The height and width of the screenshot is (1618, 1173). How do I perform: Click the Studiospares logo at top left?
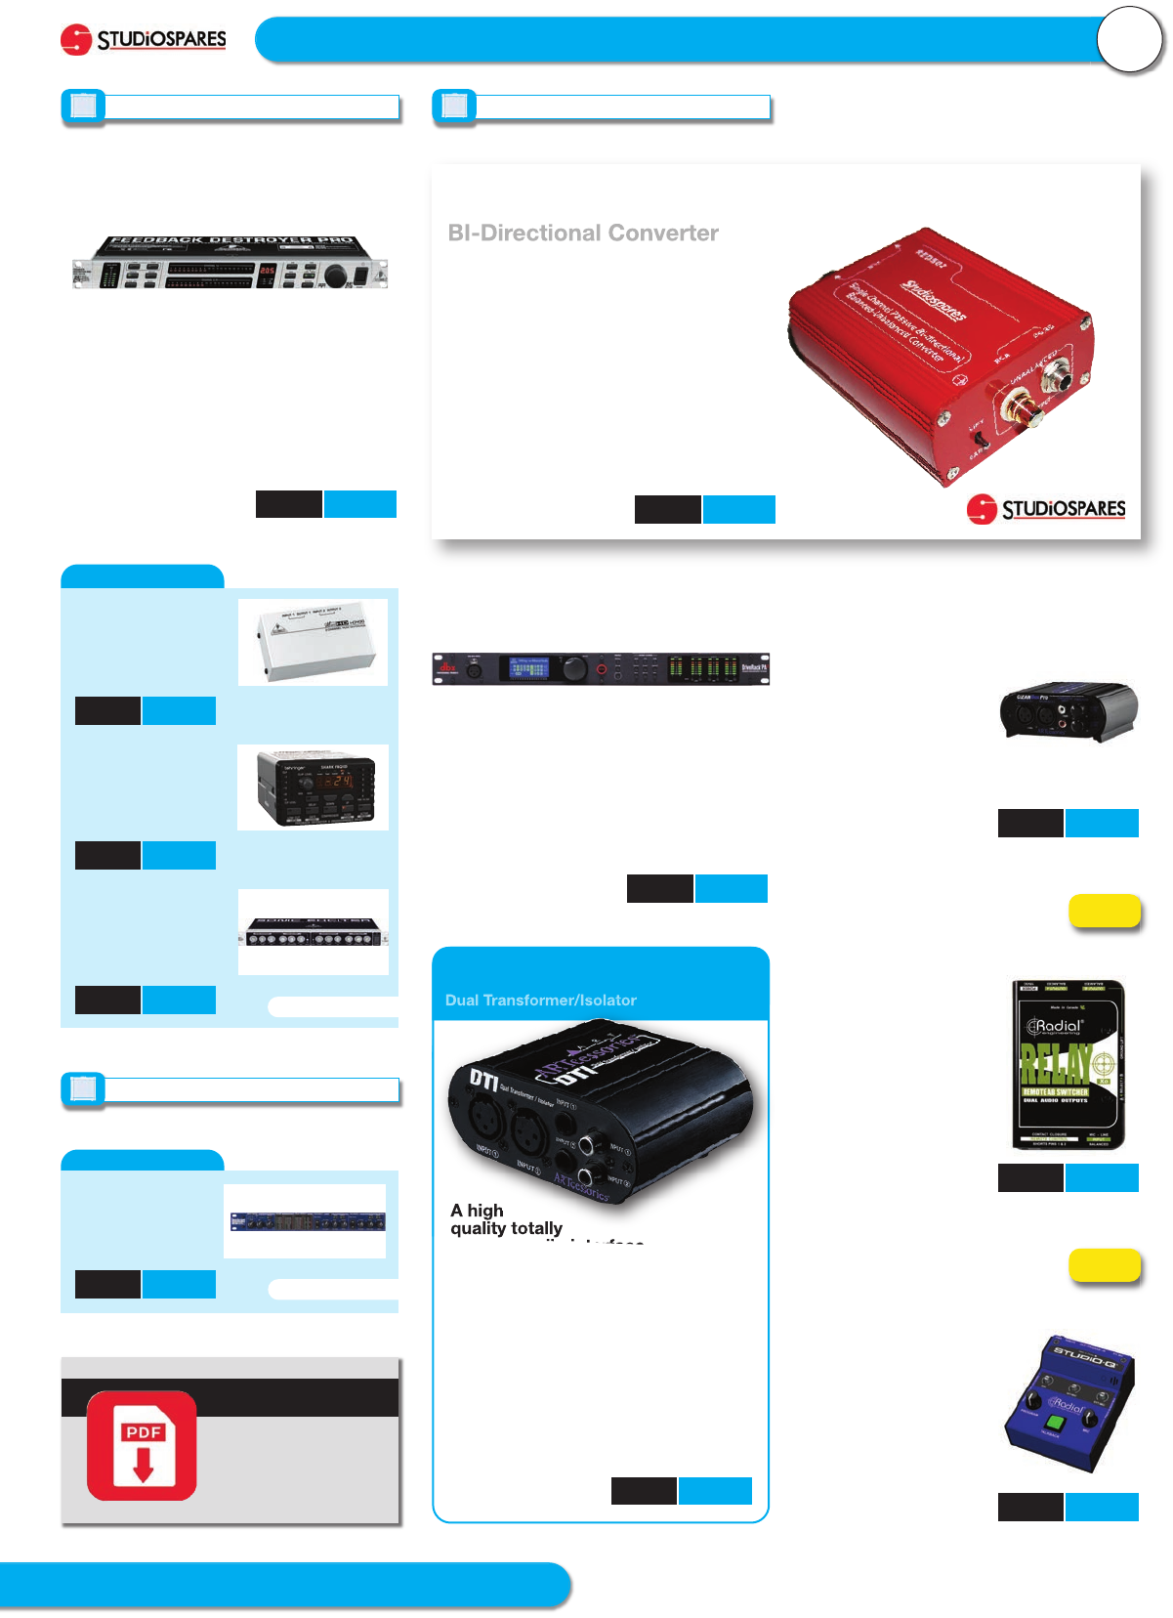[144, 40]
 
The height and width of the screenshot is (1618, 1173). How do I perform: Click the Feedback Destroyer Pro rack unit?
[230, 263]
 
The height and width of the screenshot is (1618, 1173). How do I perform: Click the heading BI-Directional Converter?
[583, 234]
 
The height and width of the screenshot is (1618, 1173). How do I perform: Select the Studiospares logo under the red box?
[1046, 508]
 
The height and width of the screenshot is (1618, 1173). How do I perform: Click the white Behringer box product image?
[313, 641]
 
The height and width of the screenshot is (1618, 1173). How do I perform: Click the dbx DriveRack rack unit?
[601, 669]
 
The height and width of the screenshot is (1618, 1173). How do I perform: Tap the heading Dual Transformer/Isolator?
[540, 1001]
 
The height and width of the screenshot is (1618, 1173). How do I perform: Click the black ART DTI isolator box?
[598, 1110]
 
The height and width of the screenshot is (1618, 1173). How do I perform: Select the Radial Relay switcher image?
[1068, 1065]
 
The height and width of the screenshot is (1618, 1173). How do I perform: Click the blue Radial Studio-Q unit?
[1069, 1402]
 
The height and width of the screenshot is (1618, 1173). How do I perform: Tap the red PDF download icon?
[142, 1445]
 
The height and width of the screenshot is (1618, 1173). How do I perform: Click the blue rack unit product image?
[307, 1221]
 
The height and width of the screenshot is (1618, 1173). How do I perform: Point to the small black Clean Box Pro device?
[1068, 710]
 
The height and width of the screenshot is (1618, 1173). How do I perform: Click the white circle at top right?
[1129, 40]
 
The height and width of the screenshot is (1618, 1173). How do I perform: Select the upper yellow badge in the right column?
[1105, 911]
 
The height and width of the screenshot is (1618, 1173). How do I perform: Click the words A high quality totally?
[506, 1219]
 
